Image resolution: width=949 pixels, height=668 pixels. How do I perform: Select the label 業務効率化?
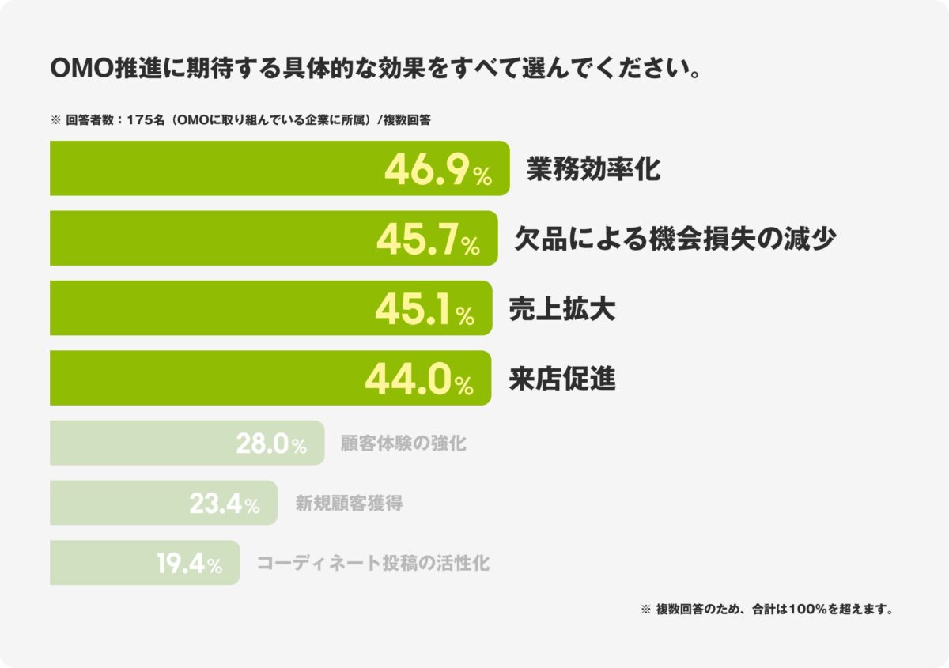tap(593, 169)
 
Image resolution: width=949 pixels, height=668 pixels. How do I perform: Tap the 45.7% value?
tap(428, 240)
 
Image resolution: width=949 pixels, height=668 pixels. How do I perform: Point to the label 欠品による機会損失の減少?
tap(675, 239)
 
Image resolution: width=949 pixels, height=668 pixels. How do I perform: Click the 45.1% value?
tap(424, 311)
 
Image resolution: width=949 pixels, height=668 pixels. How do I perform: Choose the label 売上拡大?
tap(562, 309)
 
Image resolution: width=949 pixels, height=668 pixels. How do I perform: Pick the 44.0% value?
tap(418, 381)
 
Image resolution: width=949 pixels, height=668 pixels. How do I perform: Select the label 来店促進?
tap(562, 379)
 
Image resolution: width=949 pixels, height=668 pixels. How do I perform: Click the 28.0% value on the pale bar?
tap(271, 444)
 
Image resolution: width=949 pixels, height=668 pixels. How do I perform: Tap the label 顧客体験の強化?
tap(403, 443)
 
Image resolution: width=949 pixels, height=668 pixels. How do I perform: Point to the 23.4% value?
tap(225, 504)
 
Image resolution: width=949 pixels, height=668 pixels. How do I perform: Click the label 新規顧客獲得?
tap(349, 504)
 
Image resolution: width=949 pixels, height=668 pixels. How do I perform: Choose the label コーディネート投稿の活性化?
tap(373, 564)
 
